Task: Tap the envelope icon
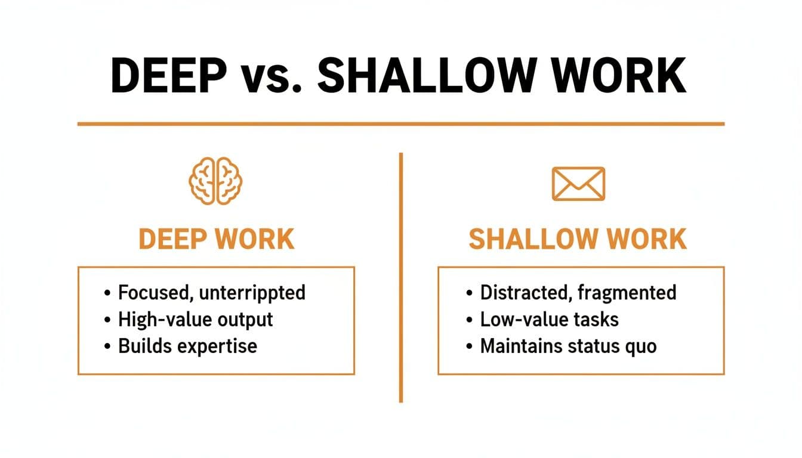(578, 183)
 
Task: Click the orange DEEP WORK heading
(217, 239)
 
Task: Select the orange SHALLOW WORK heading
(578, 239)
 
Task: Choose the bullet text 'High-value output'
(195, 319)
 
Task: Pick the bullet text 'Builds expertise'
(187, 346)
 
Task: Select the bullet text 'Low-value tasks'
(549, 319)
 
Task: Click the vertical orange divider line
(401, 274)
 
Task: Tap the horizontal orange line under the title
(401, 124)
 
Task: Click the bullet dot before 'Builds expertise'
(107, 346)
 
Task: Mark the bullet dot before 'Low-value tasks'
(469, 320)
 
